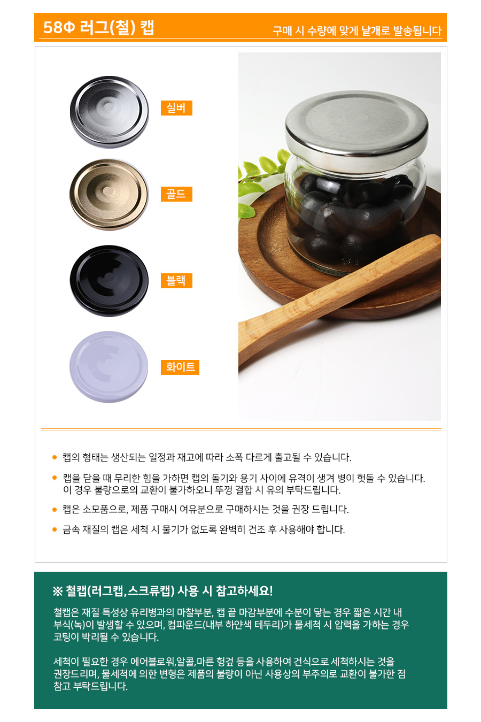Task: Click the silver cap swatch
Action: [x=109, y=112]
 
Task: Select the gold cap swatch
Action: [x=109, y=195]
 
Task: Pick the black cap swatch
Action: [x=109, y=281]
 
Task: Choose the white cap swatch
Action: [x=109, y=367]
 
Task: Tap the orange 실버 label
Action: [x=176, y=108]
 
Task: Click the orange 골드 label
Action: [x=176, y=194]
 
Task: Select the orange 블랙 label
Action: [x=176, y=280]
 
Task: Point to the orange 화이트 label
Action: [x=180, y=367]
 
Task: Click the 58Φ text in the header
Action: [x=59, y=27]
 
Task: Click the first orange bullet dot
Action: [x=55, y=457]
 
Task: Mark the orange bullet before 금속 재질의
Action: [x=55, y=529]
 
